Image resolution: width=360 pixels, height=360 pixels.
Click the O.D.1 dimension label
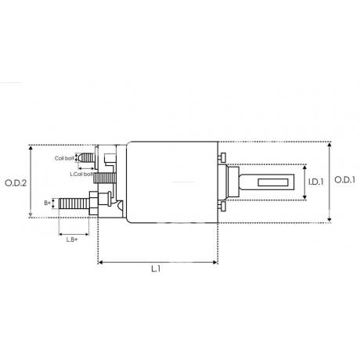344,180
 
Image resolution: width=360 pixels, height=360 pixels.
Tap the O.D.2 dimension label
16,183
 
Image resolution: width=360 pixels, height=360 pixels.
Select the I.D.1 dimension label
315,182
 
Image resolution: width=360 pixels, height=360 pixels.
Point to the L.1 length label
156,268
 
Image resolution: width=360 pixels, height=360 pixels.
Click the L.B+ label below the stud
72,239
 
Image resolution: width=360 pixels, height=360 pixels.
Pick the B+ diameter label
47,203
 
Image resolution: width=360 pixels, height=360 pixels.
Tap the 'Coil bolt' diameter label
64,158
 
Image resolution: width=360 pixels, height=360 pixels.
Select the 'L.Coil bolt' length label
81,174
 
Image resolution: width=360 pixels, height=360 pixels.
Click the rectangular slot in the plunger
274,182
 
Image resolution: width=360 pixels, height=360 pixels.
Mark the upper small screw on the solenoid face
221,158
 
